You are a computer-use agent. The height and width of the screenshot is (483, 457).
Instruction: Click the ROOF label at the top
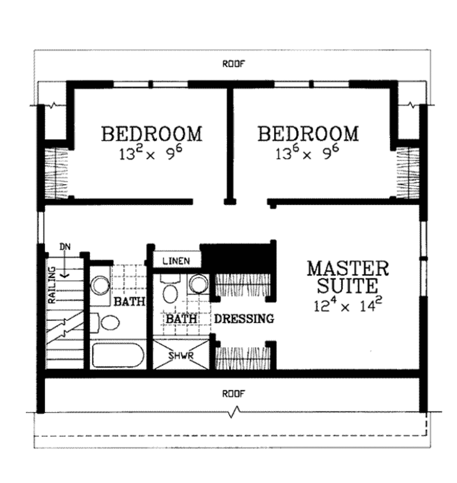point(234,64)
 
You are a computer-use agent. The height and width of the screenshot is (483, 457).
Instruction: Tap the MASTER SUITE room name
point(348,277)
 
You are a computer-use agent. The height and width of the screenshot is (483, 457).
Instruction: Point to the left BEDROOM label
point(152,133)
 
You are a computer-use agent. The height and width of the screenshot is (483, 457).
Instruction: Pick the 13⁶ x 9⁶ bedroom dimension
point(308,153)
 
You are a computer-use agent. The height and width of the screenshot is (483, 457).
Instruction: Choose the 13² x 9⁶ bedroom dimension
point(152,153)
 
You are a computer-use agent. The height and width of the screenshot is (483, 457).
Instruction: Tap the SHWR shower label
point(180,356)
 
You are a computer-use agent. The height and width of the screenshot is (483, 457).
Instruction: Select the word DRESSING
point(244,319)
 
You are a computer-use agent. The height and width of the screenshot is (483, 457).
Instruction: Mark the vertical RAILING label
point(52,286)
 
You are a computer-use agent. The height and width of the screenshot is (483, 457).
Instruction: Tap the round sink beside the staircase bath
point(100,284)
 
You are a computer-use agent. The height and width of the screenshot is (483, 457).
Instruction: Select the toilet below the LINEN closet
point(170,292)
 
